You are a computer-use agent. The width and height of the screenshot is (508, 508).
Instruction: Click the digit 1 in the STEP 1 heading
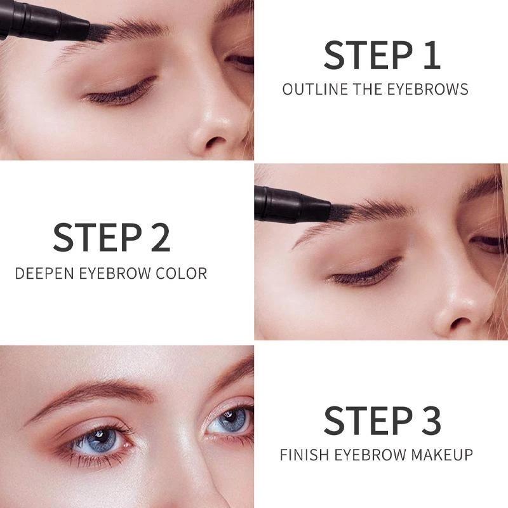(x=432, y=55)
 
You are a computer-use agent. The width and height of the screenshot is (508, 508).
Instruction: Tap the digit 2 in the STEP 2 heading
(x=161, y=237)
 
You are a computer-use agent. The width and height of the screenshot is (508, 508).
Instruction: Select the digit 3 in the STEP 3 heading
(x=431, y=420)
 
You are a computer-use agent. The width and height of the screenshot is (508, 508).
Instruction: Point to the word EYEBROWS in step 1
(x=427, y=90)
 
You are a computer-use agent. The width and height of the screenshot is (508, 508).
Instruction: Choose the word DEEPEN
(x=44, y=274)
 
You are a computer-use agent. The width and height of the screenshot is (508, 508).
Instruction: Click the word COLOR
(x=182, y=274)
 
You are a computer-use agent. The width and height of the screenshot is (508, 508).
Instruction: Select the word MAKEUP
(x=442, y=455)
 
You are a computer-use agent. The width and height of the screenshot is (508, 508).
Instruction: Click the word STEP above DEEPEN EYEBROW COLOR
(x=98, y=237)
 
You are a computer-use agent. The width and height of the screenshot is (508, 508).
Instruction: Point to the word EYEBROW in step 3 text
(x=370, y=455)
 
